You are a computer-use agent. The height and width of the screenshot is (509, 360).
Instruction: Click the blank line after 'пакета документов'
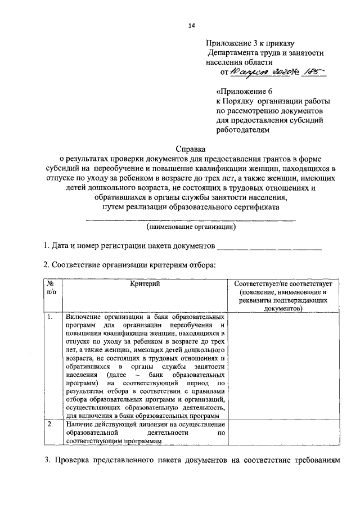click(269, 246)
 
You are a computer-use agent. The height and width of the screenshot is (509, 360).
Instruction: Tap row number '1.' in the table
click(51, 317)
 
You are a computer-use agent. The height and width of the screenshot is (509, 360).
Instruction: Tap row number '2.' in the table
click(51, 424)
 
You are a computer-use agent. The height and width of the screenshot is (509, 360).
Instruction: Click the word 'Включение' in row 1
click(84, 317)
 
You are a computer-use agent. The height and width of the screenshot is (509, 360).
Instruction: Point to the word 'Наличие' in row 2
click(79, 424)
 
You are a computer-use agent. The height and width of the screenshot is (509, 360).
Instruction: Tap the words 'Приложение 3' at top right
click(232, 42)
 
